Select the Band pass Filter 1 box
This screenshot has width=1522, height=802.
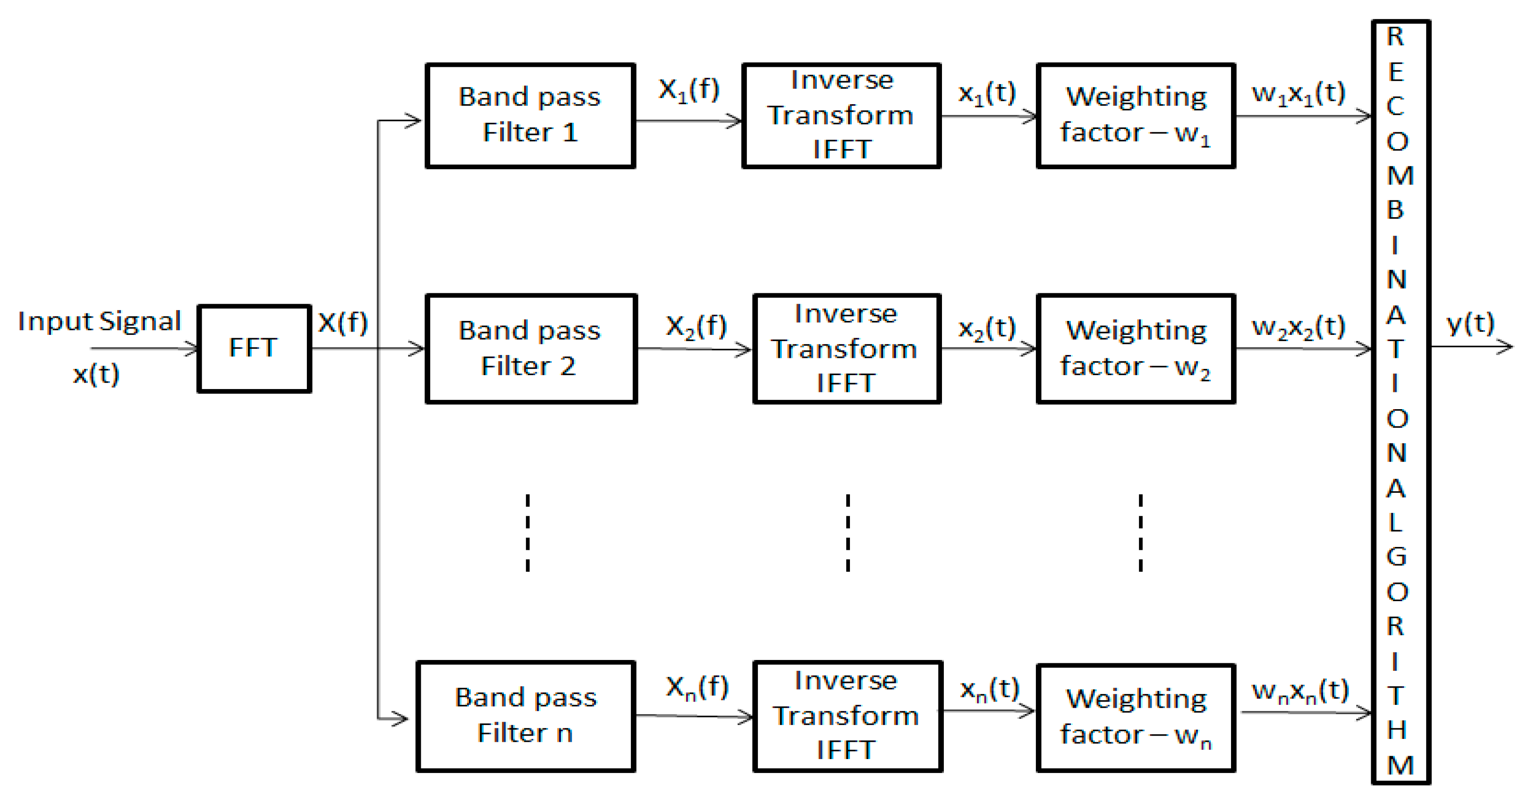530,115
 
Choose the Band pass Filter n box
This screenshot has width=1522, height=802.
525,716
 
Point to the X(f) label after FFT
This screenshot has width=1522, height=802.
343,323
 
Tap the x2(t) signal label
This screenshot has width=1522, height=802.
986,328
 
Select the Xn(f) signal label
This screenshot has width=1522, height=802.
697,688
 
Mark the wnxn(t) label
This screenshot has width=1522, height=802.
1300,691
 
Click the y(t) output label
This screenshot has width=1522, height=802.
1469,324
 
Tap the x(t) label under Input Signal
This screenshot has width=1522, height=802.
96,374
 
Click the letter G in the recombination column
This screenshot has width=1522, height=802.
1397,557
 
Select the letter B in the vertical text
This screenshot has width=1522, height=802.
1395,210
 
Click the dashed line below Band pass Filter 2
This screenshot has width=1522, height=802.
528,532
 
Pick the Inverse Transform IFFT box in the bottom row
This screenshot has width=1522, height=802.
847,716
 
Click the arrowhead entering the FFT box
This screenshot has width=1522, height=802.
192,349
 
